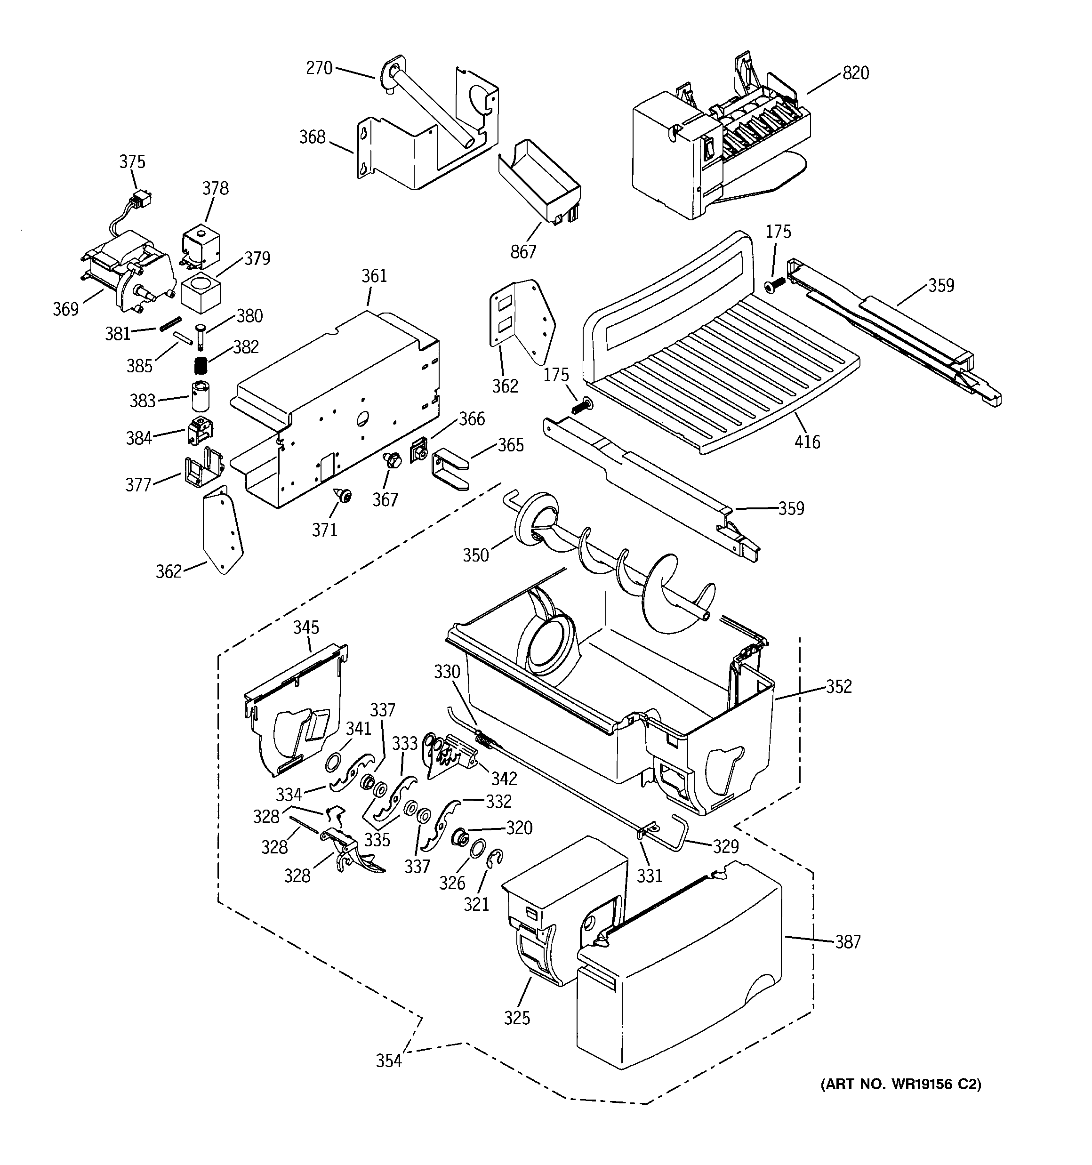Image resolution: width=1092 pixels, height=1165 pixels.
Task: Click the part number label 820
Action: point(855,73)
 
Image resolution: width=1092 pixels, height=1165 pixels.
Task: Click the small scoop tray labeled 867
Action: point(538,182)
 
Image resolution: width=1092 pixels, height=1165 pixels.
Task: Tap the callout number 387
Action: point(848,942)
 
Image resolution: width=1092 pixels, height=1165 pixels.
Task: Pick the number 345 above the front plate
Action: point(306,627)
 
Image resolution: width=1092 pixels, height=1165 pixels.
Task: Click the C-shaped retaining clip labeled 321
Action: point(495,859)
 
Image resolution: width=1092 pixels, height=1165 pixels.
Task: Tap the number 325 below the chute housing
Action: point(516,1018)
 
